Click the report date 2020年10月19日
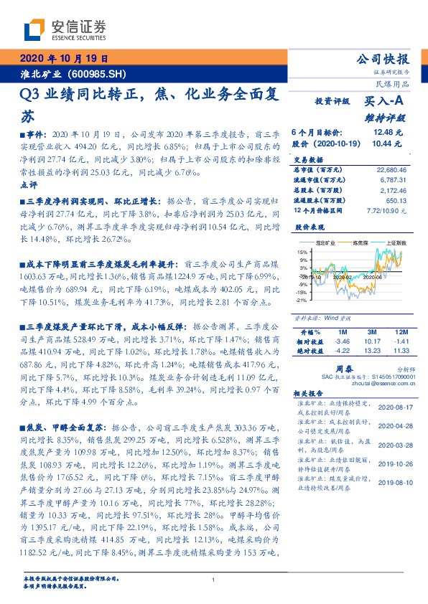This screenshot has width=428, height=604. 64,59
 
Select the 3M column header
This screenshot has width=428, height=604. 371,332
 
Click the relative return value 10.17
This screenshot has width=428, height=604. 371,341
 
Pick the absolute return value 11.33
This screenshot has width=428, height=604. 401,351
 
